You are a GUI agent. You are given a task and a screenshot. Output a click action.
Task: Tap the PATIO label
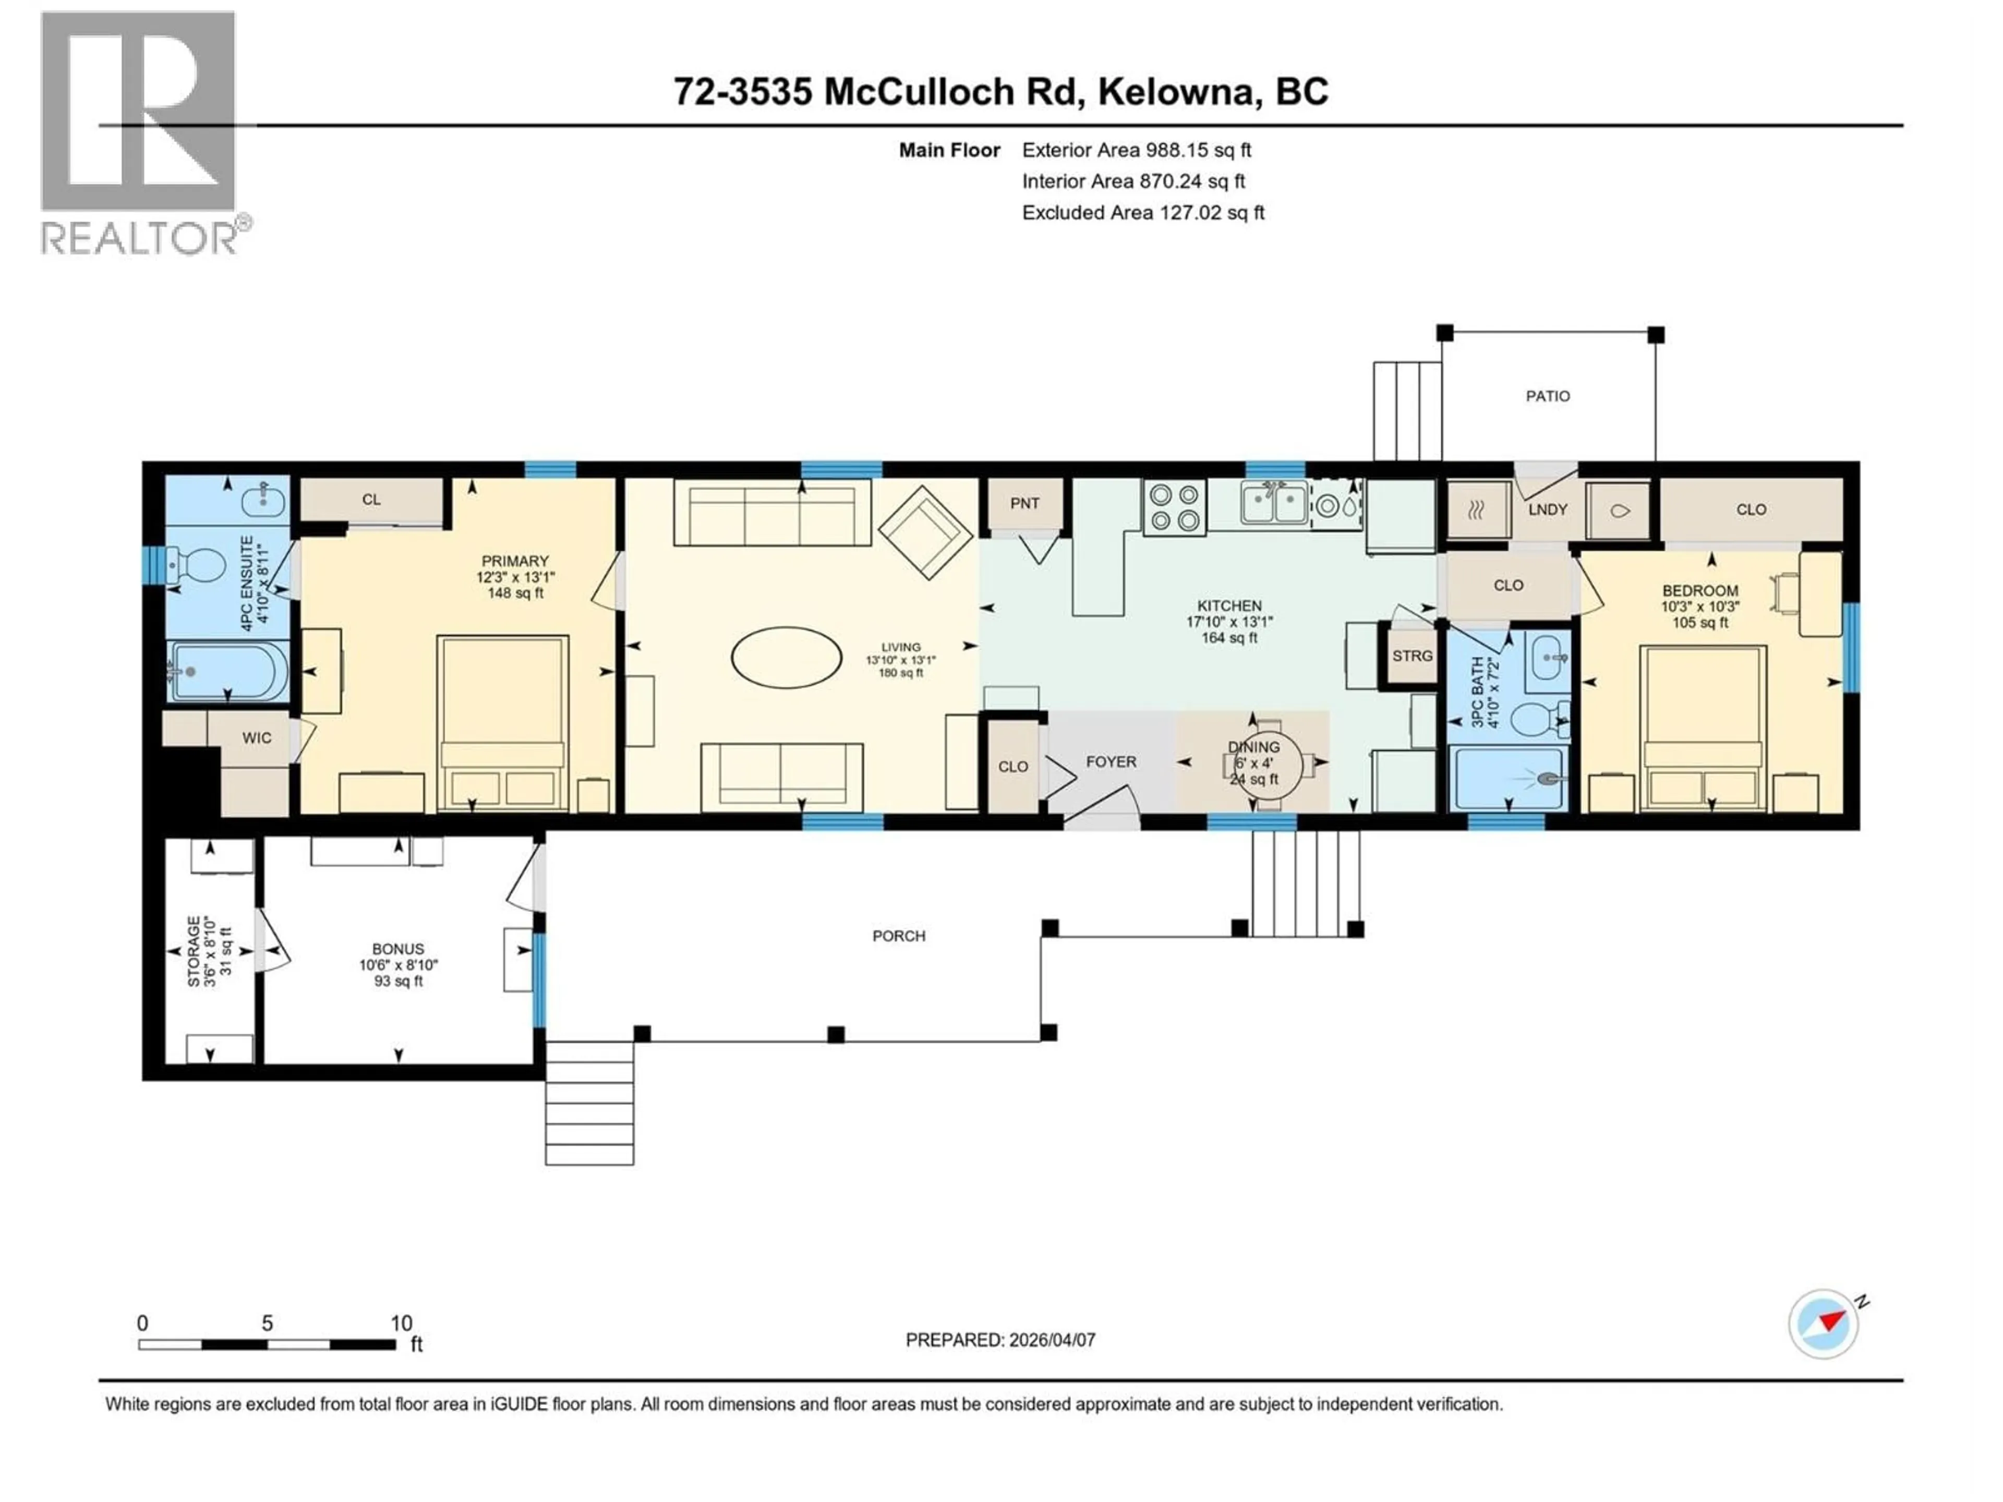click(1548, 396)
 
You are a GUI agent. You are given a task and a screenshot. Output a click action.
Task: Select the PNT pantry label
click(1024, 503)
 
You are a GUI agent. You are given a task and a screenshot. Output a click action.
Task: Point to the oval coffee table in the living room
click(786, 657)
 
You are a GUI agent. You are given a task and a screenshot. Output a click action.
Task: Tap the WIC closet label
click(256, 738)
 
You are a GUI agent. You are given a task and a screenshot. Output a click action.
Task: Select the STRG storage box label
click(1411, 656)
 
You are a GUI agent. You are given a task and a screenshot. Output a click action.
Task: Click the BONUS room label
click(397, 949)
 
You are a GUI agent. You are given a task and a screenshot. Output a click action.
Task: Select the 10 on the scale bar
click(401, 1323)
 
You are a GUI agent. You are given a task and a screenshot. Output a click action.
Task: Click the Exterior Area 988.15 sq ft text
click(1137, 150)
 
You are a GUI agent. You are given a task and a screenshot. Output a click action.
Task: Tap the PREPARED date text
click(1000, 1340)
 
